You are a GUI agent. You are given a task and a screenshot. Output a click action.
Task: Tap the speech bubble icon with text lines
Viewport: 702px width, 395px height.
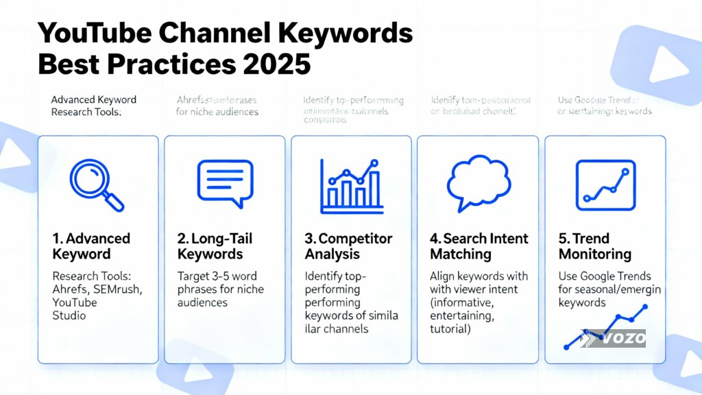[225, 182]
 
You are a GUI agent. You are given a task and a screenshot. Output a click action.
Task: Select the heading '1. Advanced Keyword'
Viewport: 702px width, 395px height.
[91, 246]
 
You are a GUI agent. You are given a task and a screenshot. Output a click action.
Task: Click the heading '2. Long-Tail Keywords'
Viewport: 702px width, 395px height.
[215, 246]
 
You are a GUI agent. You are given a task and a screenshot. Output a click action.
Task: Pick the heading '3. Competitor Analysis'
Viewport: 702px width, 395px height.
[348, 246]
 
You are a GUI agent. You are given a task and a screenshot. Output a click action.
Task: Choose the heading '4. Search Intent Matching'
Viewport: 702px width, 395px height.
[479, 246]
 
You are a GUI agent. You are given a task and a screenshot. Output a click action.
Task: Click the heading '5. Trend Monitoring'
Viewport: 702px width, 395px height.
[595, 246]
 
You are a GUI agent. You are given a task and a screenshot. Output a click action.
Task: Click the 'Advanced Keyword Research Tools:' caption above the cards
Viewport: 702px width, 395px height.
[93, 106]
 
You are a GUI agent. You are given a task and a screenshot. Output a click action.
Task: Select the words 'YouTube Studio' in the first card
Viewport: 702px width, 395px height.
[75, 309]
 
